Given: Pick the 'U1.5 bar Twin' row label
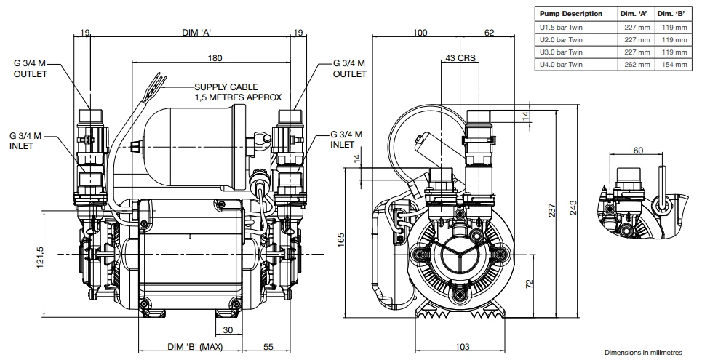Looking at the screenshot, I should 560,27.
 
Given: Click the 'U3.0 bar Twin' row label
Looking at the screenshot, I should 560,52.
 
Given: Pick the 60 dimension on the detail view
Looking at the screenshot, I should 638,151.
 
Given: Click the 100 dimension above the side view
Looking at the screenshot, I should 420,33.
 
